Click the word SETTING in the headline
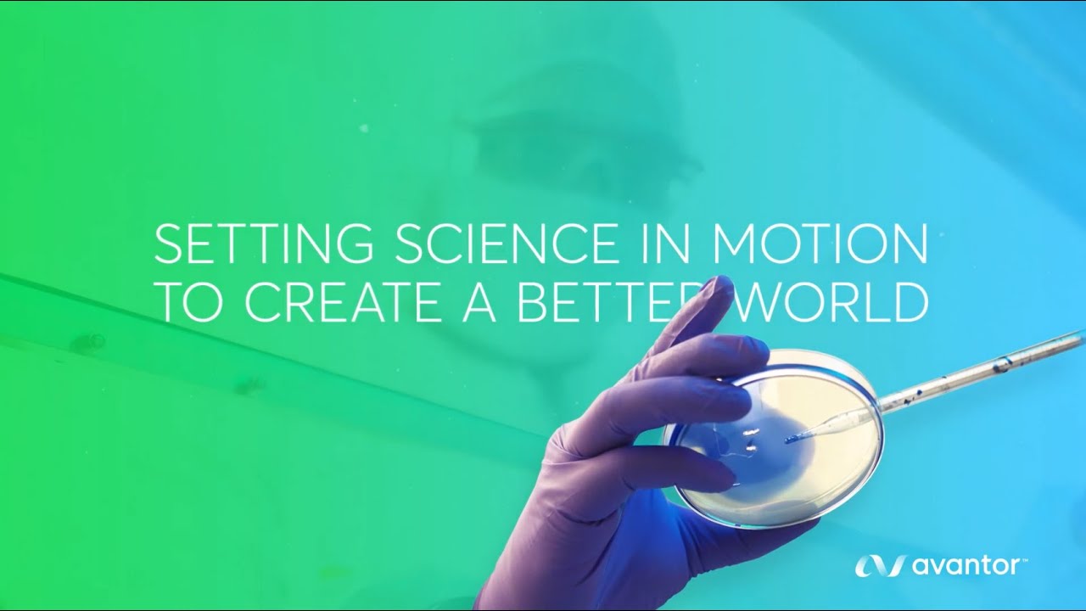pos(263,245)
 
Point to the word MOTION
pos(820,245)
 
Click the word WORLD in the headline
pos(831,303)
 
